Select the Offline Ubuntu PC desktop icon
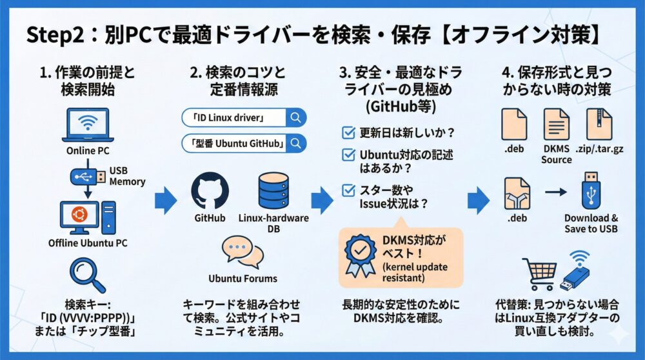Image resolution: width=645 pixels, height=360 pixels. (87, 217)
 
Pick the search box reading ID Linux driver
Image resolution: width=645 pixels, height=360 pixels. (243, 117)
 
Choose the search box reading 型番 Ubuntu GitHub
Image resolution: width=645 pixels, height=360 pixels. (243, 143)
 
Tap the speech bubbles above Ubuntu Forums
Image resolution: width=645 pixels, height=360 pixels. (243, 252)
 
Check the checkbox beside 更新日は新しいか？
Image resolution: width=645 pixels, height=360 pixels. (348, 133)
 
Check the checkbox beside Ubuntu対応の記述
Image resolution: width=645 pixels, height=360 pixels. (348, 155)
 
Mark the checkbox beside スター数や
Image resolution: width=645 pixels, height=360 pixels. (348, 190)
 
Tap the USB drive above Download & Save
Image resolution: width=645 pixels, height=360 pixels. (591, 190)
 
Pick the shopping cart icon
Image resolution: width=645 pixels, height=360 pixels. (539, 274)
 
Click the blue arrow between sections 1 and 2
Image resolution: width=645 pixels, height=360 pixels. (166, 200)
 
